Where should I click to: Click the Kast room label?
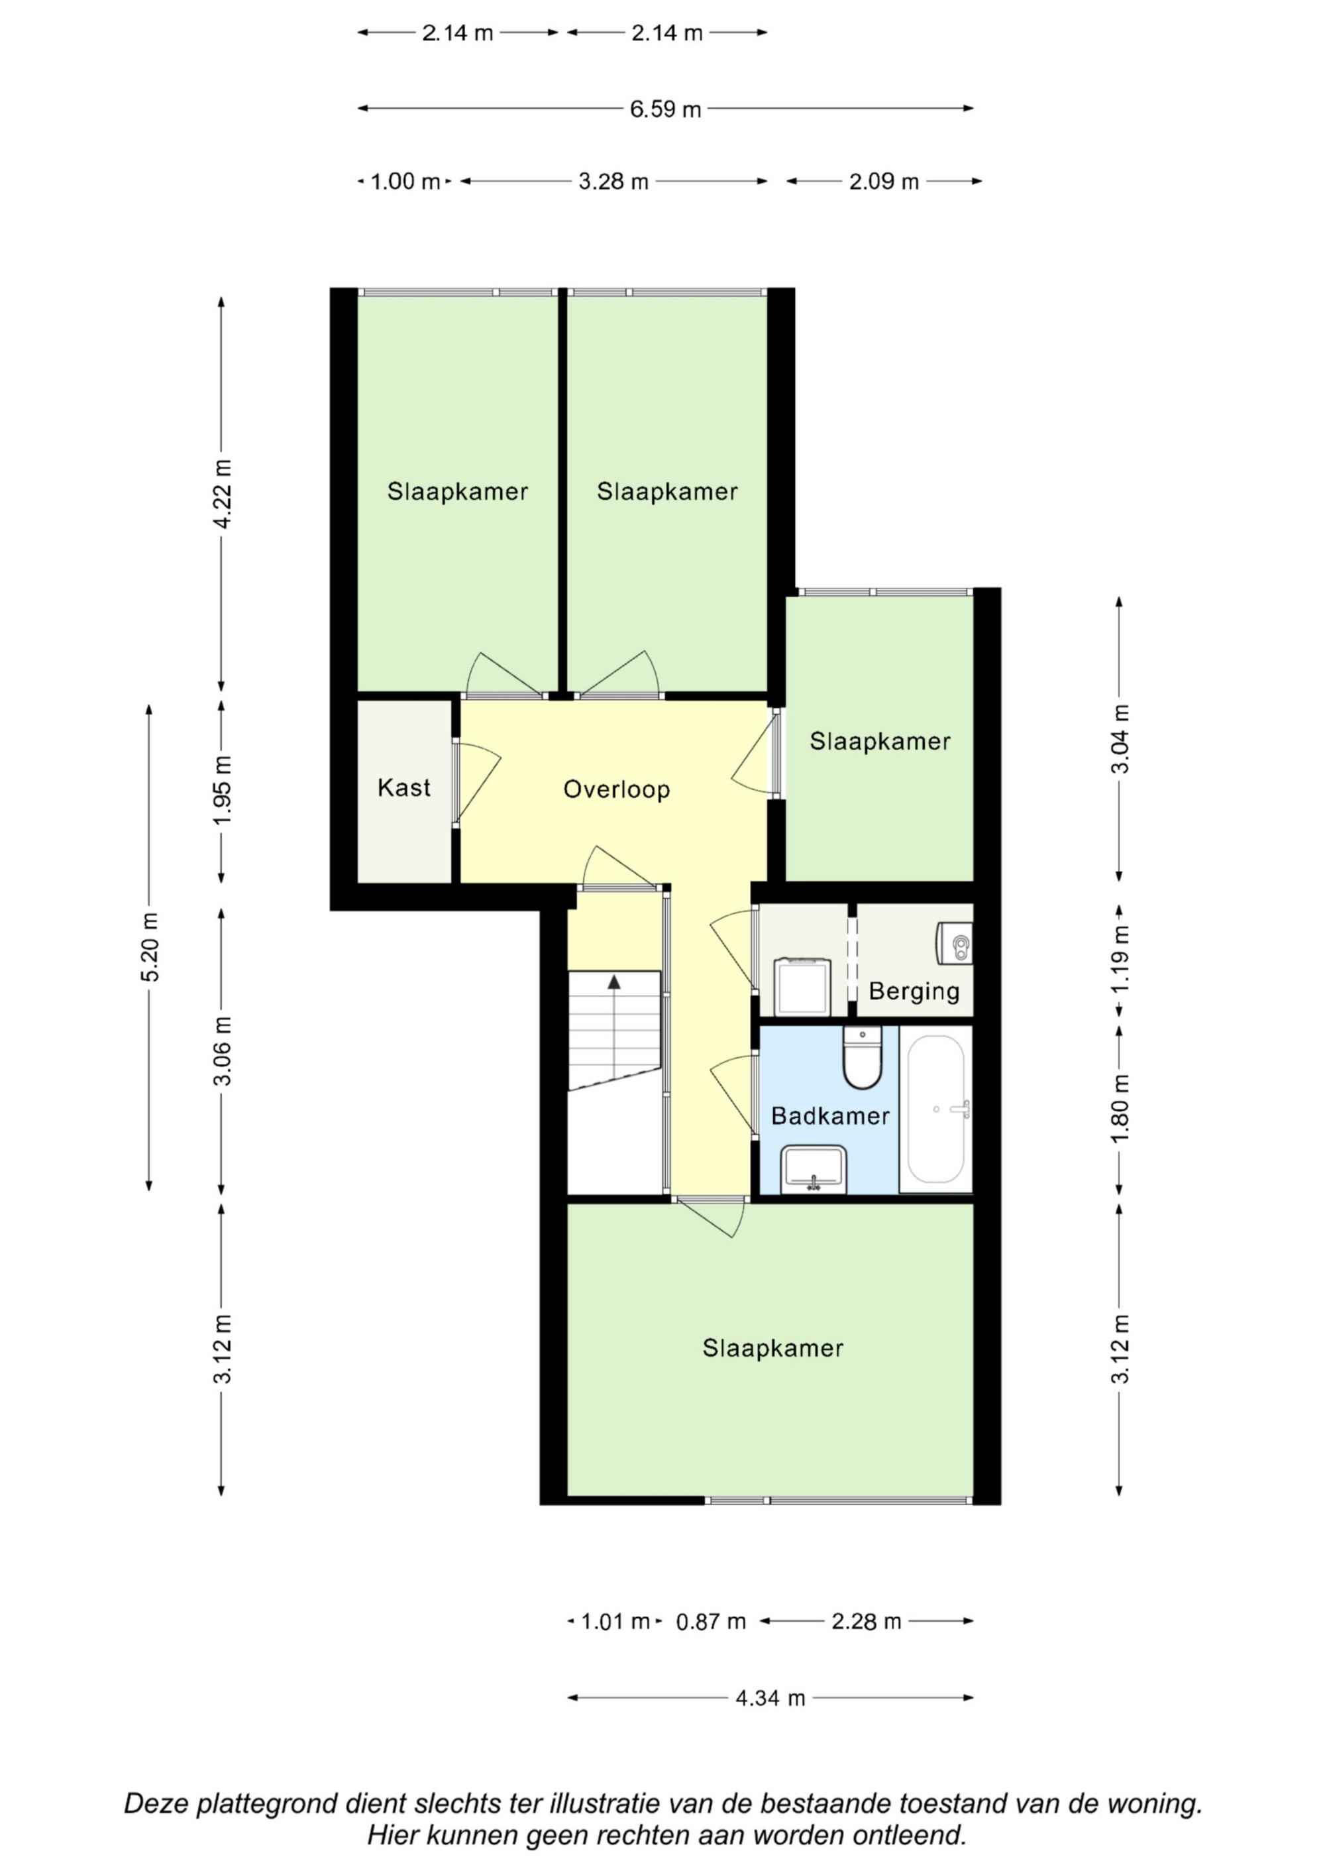click(x=403, y=787)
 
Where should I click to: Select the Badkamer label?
click(x=829, y=1115)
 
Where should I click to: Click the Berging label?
click(x=914, y=991)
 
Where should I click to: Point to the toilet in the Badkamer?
click(x=862, y=1058)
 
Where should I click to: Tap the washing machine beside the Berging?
click(x=802, y=986)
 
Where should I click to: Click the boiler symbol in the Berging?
click(x=956, y=943)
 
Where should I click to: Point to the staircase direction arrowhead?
click(x=614, y=982)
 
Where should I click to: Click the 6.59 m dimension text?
click(x=665, y=109)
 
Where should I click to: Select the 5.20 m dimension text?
click(x=151, y=947)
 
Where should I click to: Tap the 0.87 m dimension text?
click(x=711, y=1622)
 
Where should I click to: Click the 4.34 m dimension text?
click(x=770, y=1699)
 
